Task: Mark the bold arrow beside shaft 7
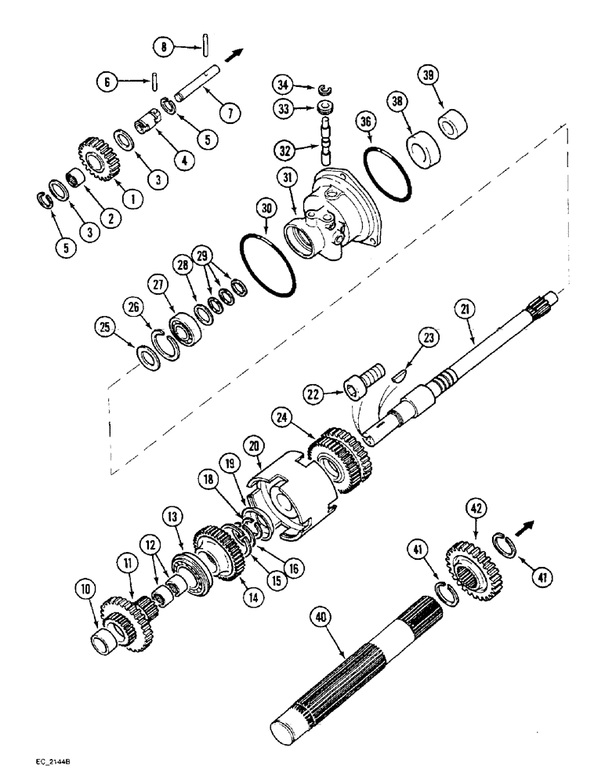coord(234,54)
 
